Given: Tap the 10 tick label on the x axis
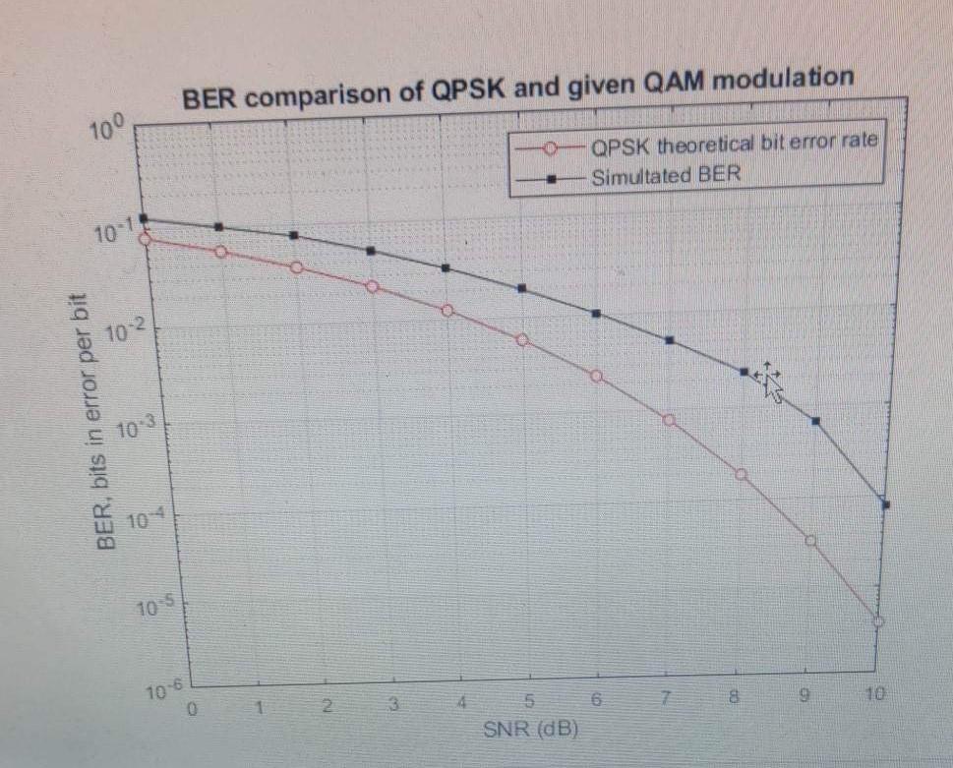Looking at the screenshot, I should point(875,695).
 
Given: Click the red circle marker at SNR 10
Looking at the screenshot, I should point(878,621).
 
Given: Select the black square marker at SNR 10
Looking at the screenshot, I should point(885,504).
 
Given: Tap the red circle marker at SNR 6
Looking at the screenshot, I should point(596,377).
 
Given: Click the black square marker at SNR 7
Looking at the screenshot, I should point(670,340).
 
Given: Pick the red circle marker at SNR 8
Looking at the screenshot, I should point(741,474).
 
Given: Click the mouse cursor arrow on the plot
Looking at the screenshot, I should point(768,383).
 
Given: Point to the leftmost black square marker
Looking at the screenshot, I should point(143,218).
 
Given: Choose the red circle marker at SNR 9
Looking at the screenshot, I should point(811,540).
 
